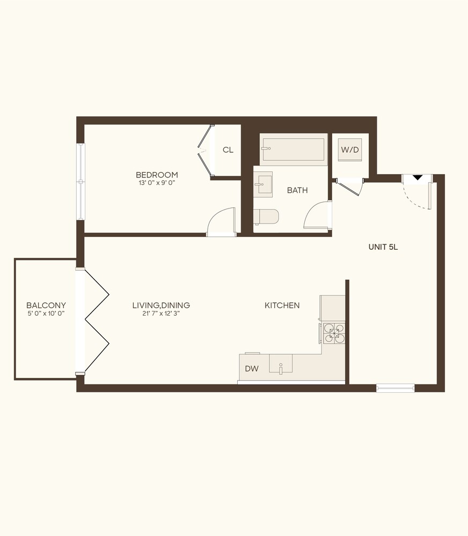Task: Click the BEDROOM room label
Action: [157, 175]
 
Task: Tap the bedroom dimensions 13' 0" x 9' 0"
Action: [157, 183]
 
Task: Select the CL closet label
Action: [228, 150]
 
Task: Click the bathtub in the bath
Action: [293, 149]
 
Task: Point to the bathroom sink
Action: [264, 183]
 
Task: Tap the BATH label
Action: [297, 190]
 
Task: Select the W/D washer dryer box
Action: [350, 150]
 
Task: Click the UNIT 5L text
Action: [383, 247]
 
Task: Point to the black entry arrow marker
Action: [417, 178]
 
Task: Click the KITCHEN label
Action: [282, 306]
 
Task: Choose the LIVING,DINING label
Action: [161, 306]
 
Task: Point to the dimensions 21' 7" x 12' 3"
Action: [161, 314]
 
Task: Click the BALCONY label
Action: [46, 306]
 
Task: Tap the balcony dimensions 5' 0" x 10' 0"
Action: [46, 314]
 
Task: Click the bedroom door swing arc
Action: [221, 220]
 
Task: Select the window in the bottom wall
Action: [395, 388]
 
